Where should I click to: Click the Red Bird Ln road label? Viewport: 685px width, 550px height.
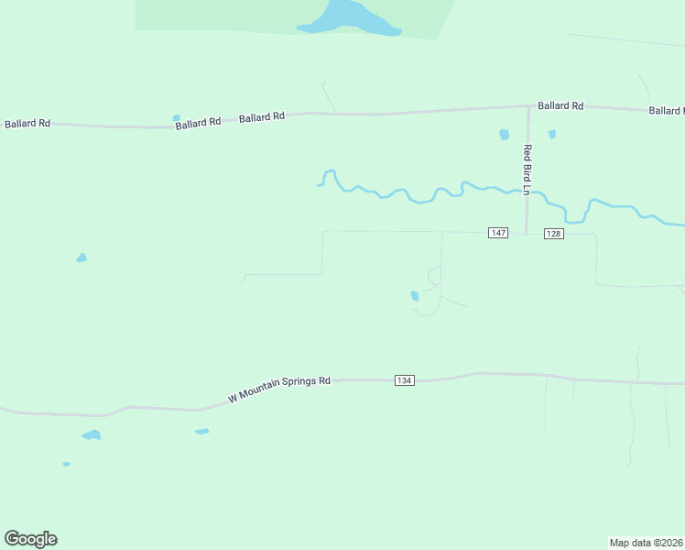tap(527, 170)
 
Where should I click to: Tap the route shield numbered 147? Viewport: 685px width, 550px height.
tap(497, 233)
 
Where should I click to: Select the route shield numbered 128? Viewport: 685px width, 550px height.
tap(553, 233)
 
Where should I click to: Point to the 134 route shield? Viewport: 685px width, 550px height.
tap(405, 379)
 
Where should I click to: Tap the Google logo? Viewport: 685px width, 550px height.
tap(30, 539)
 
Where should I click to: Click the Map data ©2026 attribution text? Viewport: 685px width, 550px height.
tap(647, 543)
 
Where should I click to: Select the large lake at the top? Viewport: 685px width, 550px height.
tap(348, 17)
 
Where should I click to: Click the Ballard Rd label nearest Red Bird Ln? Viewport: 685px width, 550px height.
tap(560, 106)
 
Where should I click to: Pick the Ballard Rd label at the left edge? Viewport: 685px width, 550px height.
tap(27, 123)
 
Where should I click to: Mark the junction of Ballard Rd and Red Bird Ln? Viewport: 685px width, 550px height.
tap(528, 108)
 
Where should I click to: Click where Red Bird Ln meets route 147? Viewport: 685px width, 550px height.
tap(527, 233)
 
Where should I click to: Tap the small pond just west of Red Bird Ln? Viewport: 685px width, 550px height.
tap(504, 135)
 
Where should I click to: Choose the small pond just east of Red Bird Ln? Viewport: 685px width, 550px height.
tap(551, 134)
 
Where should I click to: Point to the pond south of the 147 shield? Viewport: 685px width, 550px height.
tap(415, 295)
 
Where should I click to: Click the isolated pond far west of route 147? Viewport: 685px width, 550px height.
tap(82, 258)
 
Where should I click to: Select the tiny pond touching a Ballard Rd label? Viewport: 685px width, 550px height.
tap(176, 117)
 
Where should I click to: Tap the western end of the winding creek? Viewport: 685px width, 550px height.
tap(319, 184)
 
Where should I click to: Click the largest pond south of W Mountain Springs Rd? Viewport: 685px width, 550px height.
tap(91, 434)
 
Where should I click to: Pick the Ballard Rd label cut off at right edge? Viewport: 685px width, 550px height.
tap(666, 111)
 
